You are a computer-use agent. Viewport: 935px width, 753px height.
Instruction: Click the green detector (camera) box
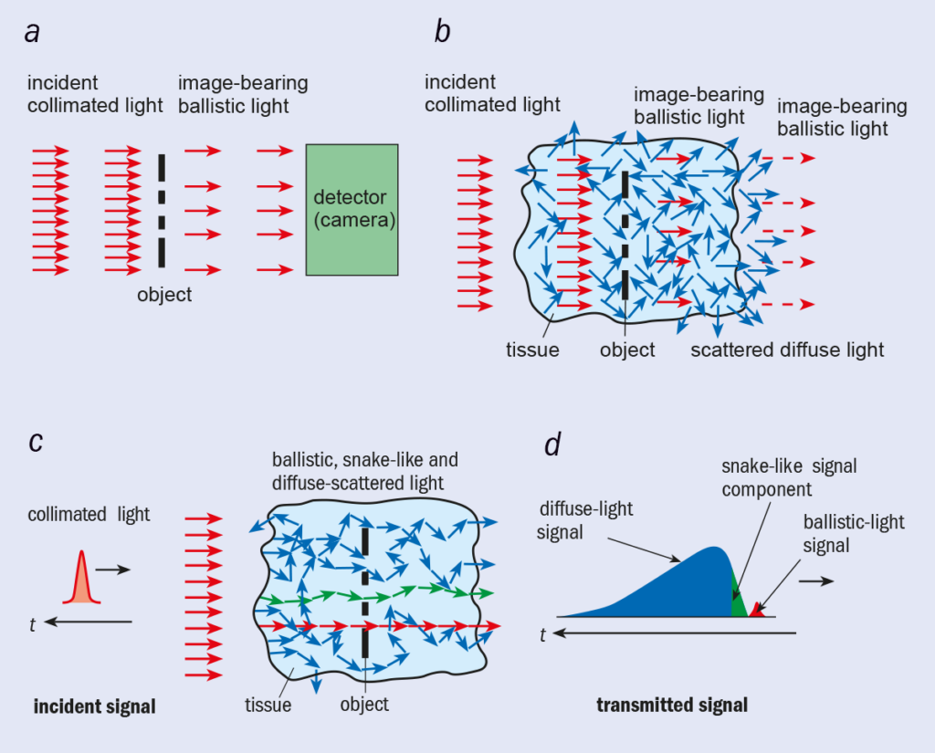pyautogui.click(x=352, y=209)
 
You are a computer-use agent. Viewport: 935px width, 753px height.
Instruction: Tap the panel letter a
pyautogui.click(x=34, y=34)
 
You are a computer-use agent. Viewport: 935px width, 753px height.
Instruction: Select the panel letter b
pyautogui.click(x=443, y=34)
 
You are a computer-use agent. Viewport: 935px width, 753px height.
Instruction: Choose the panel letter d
pyautogui.click(x=552, y=446)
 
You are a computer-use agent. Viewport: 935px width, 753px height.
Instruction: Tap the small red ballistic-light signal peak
pyautogui.click(x=756, y=611)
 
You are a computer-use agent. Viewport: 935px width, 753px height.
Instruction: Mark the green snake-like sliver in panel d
pyautogui.click(x=738, y=603)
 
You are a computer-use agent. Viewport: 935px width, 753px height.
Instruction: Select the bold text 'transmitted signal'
pyautogui.click(x=672, y=705)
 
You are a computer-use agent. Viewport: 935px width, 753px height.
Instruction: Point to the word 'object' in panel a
pyautogui.click(x=164, y=295)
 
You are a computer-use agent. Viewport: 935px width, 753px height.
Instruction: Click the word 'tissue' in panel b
pyautogui.click(x=532, y=350)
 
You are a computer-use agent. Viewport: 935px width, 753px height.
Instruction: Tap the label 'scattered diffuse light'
pyautogui.click(x=787, y=350)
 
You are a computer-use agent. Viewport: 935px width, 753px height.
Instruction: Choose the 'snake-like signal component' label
pyautogui.click(x=790, y=477)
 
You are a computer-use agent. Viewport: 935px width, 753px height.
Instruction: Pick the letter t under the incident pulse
pyautogui.click(x=33, y=625)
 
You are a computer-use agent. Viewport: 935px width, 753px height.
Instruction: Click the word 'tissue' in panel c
pyautogui.click(x=268, y=704)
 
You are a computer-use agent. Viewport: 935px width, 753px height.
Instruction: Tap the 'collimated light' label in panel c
pyautogui.click(x=89, y=515)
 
